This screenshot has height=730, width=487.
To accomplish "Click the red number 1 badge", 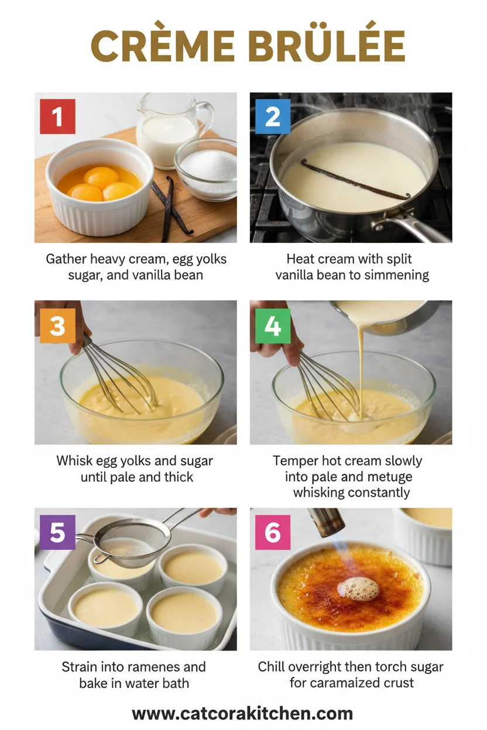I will coord(57,116).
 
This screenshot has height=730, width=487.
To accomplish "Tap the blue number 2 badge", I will coord(273,116).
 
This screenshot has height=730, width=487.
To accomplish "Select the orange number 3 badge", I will coord(57,325).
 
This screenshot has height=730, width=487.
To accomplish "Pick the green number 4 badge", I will coord(273,325).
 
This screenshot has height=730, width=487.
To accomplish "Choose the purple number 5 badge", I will coord(57,532).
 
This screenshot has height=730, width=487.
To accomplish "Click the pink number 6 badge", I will coord(273,532).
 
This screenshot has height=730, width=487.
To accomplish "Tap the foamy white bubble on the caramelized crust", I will coord(359,587).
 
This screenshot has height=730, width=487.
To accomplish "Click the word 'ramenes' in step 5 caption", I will coord(174,667).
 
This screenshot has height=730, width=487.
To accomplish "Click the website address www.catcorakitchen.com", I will coord(242,714).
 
